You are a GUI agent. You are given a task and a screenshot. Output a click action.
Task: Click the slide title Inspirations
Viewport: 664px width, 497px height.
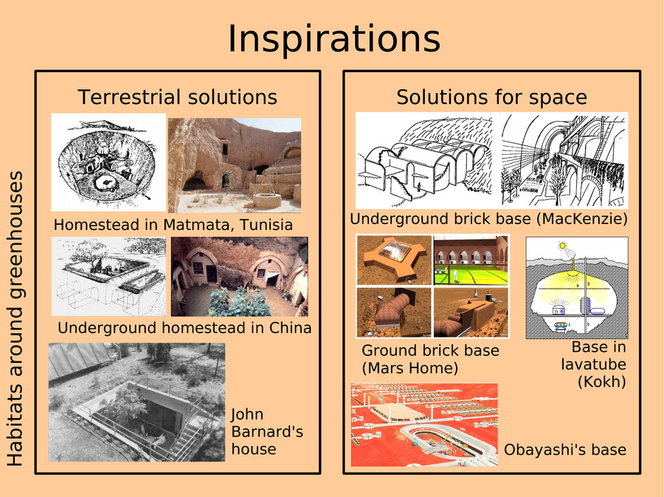point(333,39)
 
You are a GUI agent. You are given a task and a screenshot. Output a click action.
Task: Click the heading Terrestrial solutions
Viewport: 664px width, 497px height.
point(177,97)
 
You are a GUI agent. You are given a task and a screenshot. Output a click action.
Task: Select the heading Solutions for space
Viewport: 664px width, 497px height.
point(491,97)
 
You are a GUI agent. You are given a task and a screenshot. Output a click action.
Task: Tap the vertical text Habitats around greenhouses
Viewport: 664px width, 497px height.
point(15,319)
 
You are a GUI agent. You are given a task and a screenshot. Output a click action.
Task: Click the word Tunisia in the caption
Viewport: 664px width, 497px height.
point(266,224)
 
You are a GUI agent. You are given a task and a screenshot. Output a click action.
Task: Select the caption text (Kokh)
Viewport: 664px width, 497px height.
point(602,382)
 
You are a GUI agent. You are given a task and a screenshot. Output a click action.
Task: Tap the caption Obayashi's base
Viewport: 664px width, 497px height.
point(565,450)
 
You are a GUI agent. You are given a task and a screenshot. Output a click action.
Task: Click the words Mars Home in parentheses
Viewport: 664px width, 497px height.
point(410,368)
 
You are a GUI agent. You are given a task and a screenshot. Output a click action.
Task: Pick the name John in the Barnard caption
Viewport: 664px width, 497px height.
point(247,414)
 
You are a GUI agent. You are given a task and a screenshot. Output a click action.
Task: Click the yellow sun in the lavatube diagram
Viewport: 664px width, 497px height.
point(562,245)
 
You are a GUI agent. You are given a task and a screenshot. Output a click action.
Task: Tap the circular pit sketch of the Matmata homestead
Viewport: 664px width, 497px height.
point(108,164)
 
